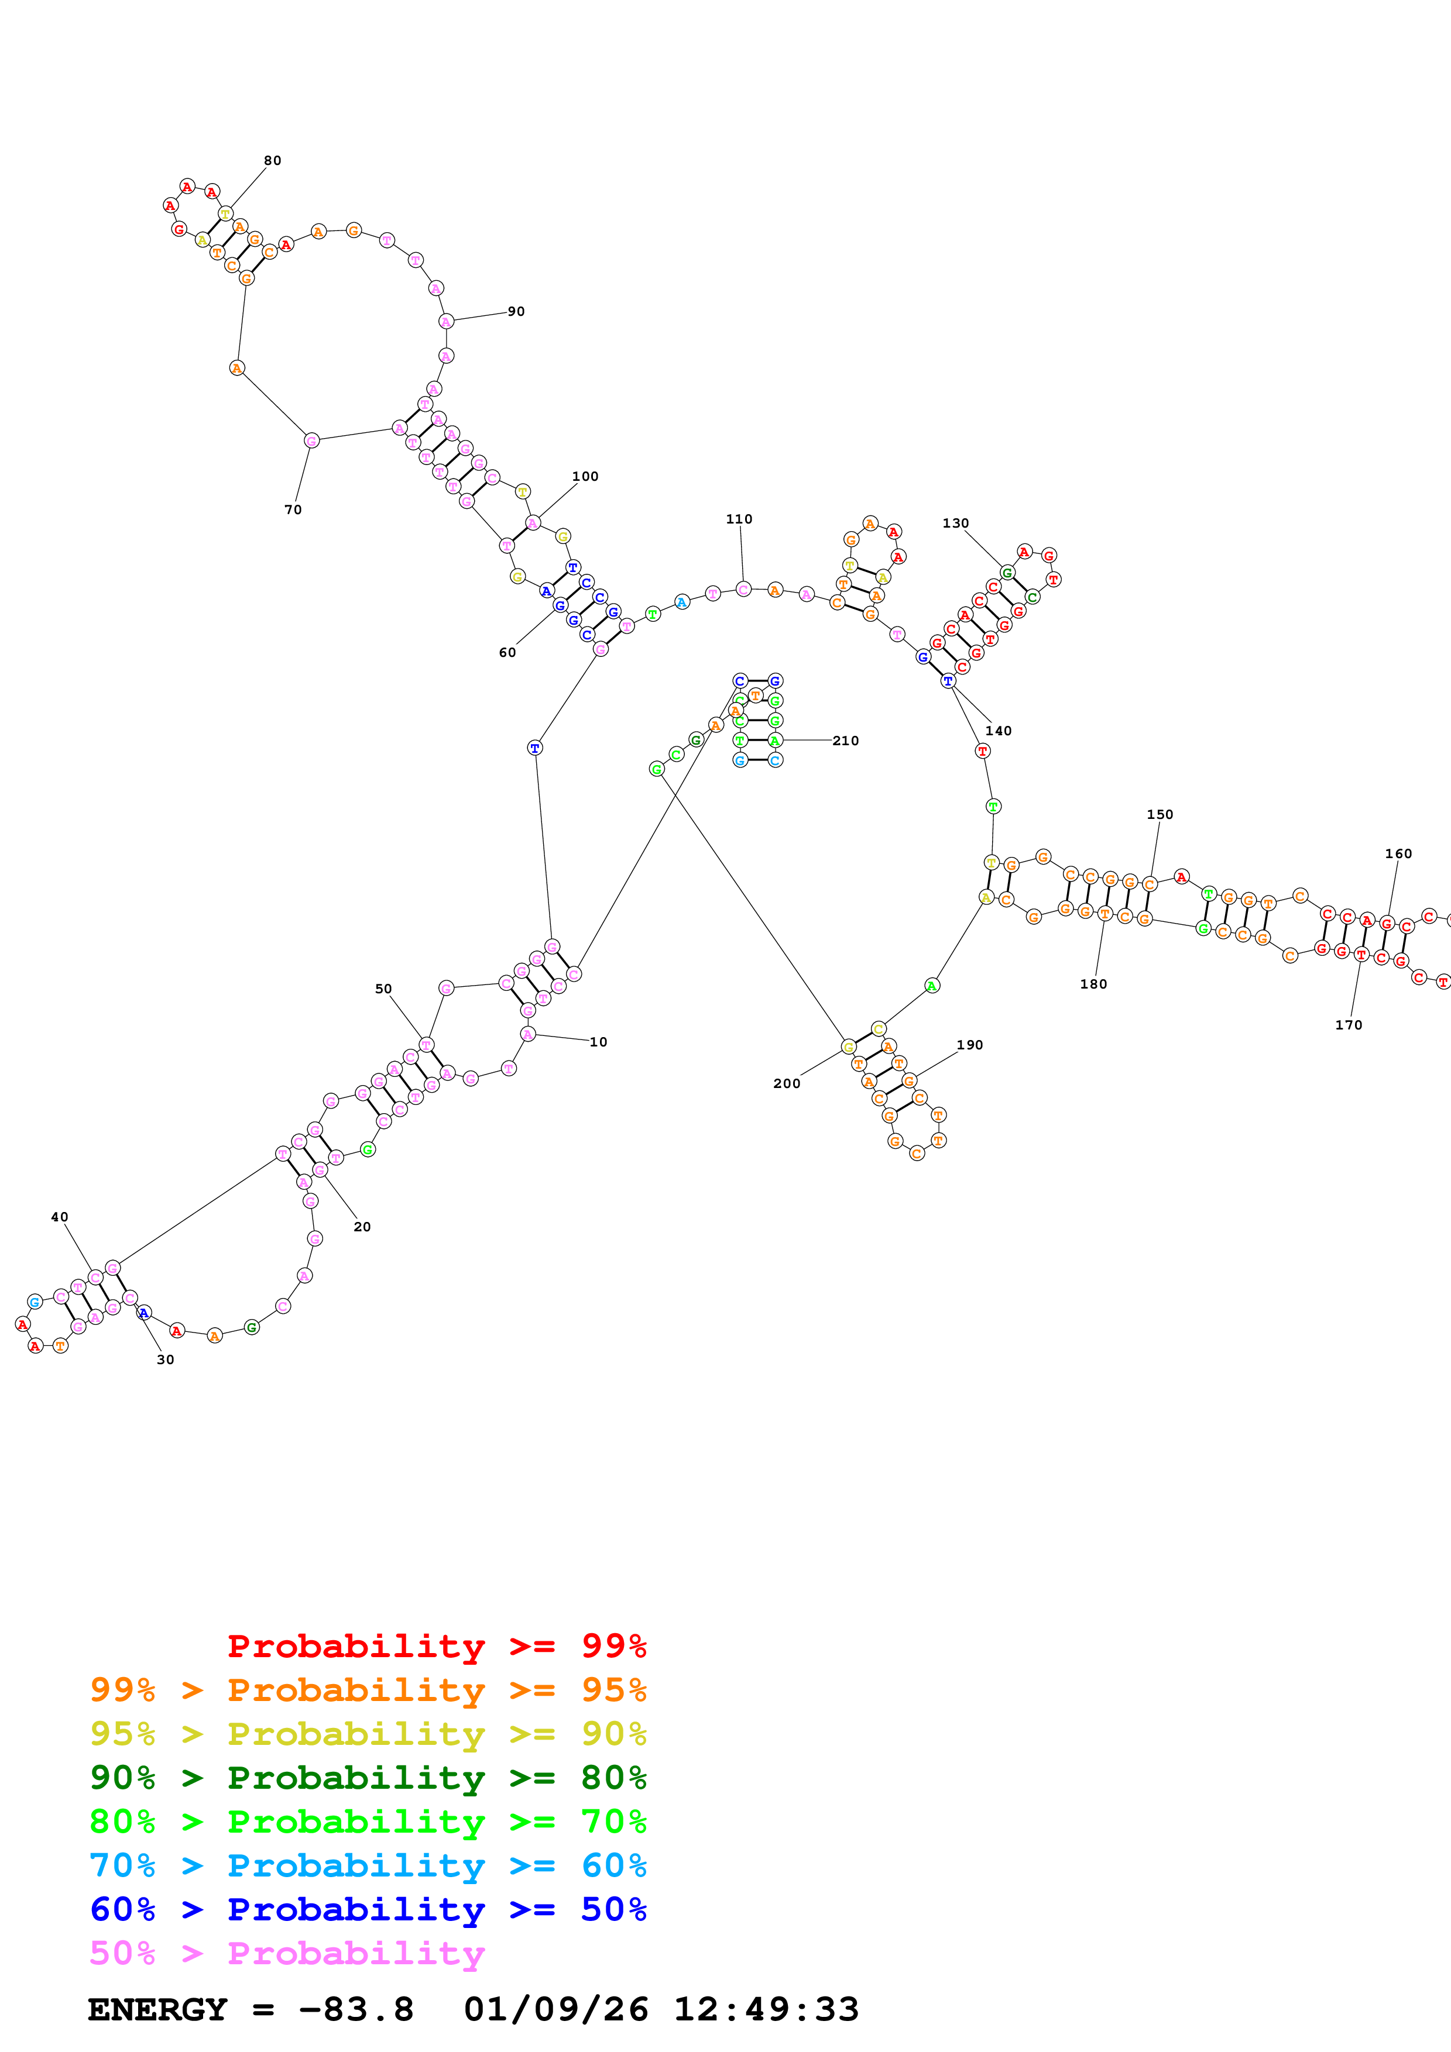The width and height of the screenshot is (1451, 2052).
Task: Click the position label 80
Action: point(272,161)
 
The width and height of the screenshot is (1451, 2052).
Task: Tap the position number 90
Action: point(516,312)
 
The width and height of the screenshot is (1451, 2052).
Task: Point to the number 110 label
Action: point(739,519)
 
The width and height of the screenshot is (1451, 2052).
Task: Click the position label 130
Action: point(955,524)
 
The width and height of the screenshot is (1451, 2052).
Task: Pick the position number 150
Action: point(1160,815)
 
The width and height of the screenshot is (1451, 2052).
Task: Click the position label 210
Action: point(845,741)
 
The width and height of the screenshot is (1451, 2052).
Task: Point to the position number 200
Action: point(787,1084)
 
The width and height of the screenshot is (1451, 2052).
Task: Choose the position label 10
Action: point(598,1042)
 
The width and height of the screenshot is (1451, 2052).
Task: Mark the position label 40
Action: point(59,1217)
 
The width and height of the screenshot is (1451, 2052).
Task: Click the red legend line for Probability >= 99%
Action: point(436,1646)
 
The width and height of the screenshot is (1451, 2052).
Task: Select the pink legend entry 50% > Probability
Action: point(286,1954)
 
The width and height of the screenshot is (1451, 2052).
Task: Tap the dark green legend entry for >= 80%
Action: point(368,1778)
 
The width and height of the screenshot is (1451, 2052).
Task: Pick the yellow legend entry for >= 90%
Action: point(368,1734)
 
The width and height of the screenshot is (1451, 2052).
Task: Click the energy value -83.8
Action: point(356,2010)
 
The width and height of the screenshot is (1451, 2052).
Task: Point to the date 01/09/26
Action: point(555,2010)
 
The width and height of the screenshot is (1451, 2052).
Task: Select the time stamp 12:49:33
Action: point(765,2010)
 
